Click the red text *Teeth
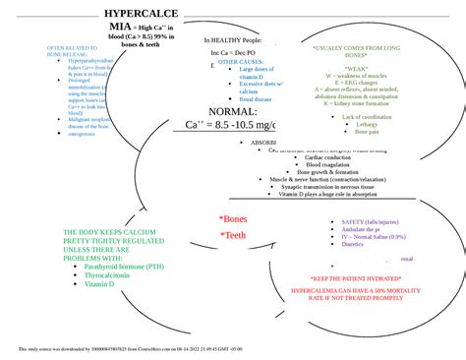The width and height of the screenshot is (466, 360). [x=233, y=235]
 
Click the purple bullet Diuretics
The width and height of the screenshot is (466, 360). [x=353, y=244]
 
